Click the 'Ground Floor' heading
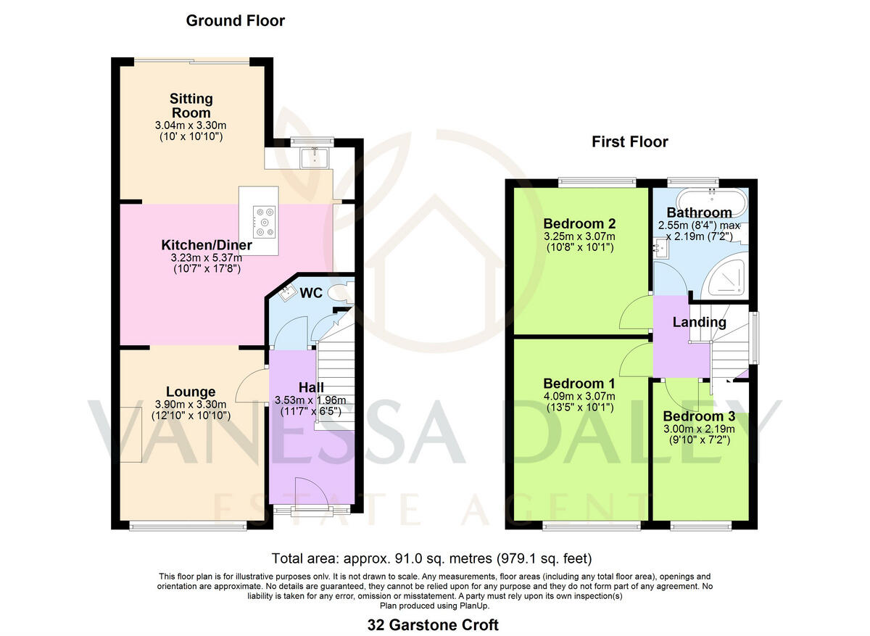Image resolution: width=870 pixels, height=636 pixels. [x=235, y=20]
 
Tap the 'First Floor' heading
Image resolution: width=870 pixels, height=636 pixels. [x=629, y=141]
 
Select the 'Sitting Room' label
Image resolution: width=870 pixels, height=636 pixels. [x=191, y=105]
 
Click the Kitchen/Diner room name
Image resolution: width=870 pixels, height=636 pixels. [x=207, y=245]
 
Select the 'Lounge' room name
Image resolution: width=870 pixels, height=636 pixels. [x=191, y=392]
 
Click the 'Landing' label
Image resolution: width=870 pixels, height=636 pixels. [x=698, y=322]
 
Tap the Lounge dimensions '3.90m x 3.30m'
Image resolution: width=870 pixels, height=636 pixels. [x=191, y=405]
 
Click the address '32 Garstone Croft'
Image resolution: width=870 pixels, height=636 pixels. [x=434, y=624]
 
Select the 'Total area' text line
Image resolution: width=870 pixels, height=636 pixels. [x=431, y=558]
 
